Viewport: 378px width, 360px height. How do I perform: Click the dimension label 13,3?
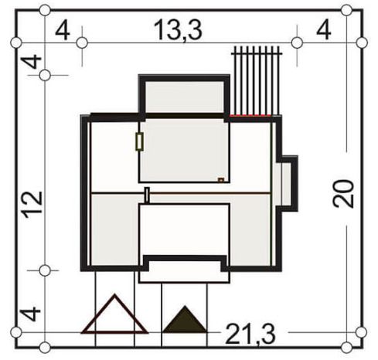pyautogui.click(x=178, y=30)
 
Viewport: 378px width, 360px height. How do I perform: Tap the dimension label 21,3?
pyautogui.click(x=250, y=335)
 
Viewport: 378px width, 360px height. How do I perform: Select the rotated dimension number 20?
pyautogui.click(x=343, y=194)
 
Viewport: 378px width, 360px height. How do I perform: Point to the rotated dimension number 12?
pyautogui.click(x=33, y=205)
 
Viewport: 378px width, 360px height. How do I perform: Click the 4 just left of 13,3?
pyautogui.click(x=63, y=32)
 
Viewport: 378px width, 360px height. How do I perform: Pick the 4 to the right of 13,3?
pyautogui.click(x=324, y=31)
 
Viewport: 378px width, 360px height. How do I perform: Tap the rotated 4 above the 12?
pyautogui.click(x=31, y=62)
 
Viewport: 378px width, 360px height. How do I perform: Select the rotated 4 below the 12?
pyautogui.click(x=30, y=314)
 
